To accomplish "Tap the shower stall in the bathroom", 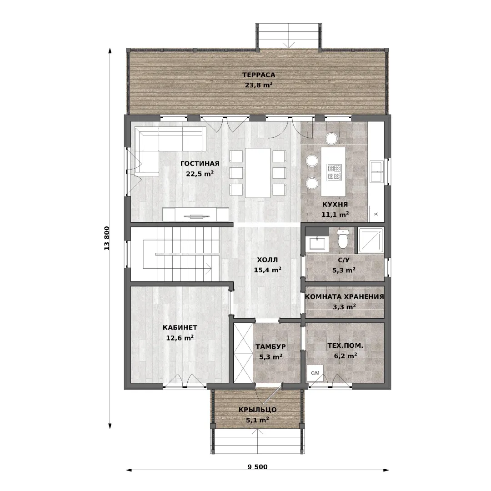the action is pyautogui.click(x=371, y=240).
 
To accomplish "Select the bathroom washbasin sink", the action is pyautogui.click(x=317, y=243).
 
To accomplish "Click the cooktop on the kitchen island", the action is pyautogui.click(x=334, y=172).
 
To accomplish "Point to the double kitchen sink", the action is pyautogui.click(x=376, y=171).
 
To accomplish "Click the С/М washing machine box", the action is pyautogui.click(x=315, y=373).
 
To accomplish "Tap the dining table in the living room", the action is pyautogui.click(x=258, y=173).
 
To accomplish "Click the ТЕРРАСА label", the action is pyautogui.click(x=259, y=75).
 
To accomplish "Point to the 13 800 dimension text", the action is pyautogui.click(x=107, y=238).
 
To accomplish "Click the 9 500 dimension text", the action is pyautogui.click(x=258, y=467).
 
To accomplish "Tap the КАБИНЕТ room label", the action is pyautogui.click(x=180, y=327).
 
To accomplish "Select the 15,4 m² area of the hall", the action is pyautogui.click(x=267, y=270).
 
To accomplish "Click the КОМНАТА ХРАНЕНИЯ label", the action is pyautogui.click(x=345, y=296).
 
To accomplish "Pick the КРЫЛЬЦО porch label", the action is pyautogui.click(x=257, y=410).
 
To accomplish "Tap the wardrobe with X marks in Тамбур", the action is pyautogui.click(x=243, y=353).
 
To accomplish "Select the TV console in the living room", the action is pyautogui.click(x=195, y=215).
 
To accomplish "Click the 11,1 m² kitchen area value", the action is pyautogui.click(x=335, y=215).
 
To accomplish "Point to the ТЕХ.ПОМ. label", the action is pyautogui.click(x=346, y=346).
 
